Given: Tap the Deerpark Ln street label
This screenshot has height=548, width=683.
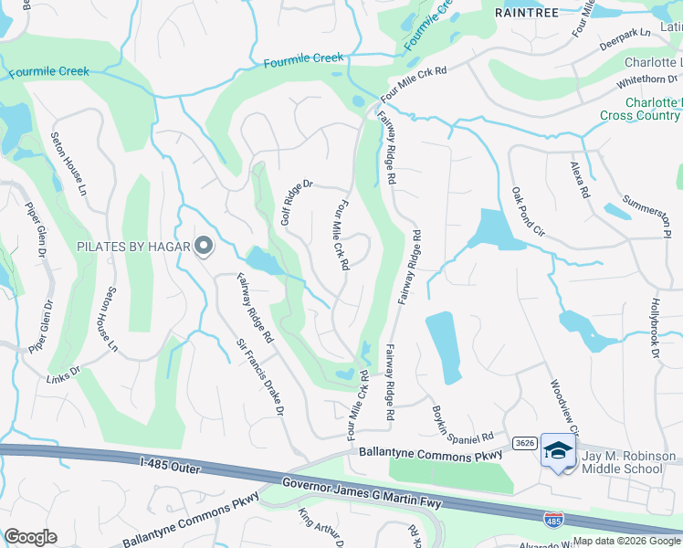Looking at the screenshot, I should tap(625, 37).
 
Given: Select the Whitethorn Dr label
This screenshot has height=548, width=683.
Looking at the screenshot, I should tap(648, 80).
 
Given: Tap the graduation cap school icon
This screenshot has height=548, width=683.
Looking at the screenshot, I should tap(558, 449).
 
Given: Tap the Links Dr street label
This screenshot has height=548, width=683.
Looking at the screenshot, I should tap(64, 376).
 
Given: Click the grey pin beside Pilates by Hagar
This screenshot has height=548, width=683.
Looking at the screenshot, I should tap(204, 246).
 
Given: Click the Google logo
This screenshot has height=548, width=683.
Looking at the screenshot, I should tap(31, 536).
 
